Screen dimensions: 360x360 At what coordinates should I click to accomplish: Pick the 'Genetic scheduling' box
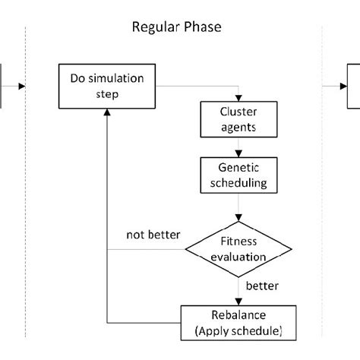[x=240, y=175]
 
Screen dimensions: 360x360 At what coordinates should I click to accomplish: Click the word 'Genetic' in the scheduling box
[x=240, y=169]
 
